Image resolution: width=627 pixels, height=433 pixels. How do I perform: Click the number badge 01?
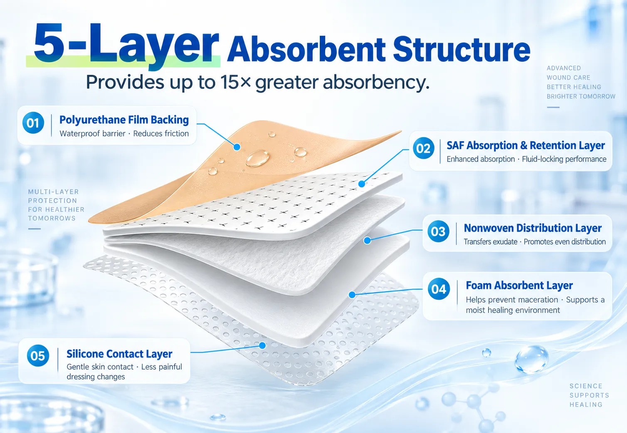pyautogui.click(x=33, y=123)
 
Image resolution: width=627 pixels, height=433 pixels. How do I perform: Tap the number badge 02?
pyautogui.click(x=424, y=148)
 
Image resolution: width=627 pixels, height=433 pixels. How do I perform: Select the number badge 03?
pyautogui.click(x=438, y=231)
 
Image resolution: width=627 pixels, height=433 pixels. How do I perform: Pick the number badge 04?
pyautogui.click(x=439, y=289)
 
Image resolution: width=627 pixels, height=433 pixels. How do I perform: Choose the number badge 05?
pyautogui.click(x=38, y=355)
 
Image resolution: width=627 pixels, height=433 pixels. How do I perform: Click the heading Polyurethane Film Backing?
pyautogui.click(x=124, y=120)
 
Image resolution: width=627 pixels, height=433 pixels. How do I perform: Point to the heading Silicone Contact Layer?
pyautogui.click(x=119, y=354)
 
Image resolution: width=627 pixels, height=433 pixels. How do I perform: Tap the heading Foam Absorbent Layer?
pyautogui.click(x=519, y=285)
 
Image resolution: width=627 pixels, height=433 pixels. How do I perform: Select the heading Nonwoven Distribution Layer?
pyautogui.click(x=533, y=228)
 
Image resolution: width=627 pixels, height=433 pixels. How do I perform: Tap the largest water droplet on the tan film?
pyautogui.click(x=257, y=158)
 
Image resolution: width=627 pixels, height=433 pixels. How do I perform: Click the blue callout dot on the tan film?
pyautogui.click(x=237, y=147)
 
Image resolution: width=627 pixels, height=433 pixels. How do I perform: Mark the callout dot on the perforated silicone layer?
pyautogui.click(x=262, y=345)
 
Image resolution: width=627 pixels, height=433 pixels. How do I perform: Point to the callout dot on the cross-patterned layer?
pyautogui.click(x=362, y=184)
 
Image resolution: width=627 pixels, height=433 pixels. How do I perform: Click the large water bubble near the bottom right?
pyautogui.click(x=531, y=360)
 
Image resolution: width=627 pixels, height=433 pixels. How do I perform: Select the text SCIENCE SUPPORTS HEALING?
pyautogui.click(x=589, y=395)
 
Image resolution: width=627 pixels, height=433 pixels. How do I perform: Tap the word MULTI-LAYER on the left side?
pyautogui.click(x=54, y=192)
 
